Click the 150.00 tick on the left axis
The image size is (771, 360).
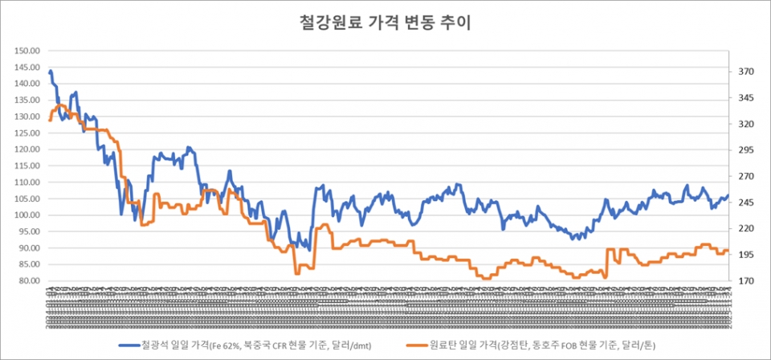click(x=28, y=51)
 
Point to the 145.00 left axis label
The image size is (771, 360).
click(x=28, y=67)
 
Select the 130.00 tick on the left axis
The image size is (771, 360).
click(x=28, y=117)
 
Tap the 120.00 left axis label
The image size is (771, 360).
click(x=28, y=149)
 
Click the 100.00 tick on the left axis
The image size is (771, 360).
click(x=28, y=215)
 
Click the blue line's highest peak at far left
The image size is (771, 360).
click(x=51, y=72)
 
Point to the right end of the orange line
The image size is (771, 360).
click(x=728, y=251)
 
